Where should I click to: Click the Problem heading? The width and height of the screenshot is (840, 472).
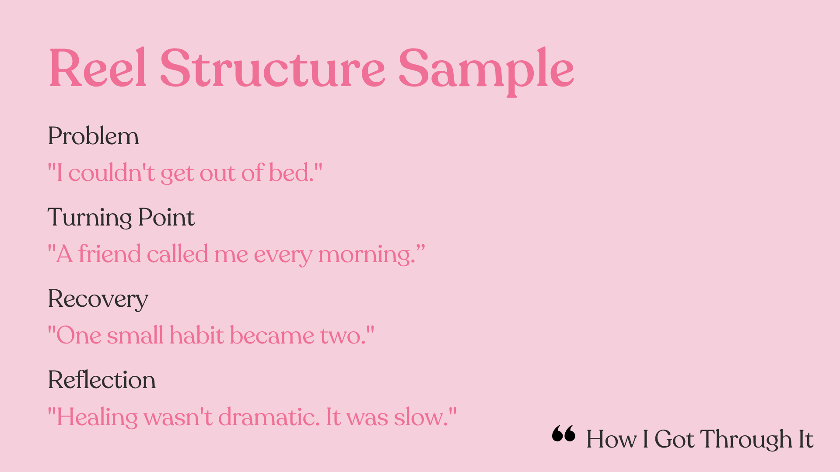coord(93,136)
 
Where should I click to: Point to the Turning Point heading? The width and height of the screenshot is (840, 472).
coord(121,217)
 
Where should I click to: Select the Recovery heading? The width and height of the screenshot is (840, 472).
coord(98,300)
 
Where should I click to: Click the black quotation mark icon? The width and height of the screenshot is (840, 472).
coord(564,434)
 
